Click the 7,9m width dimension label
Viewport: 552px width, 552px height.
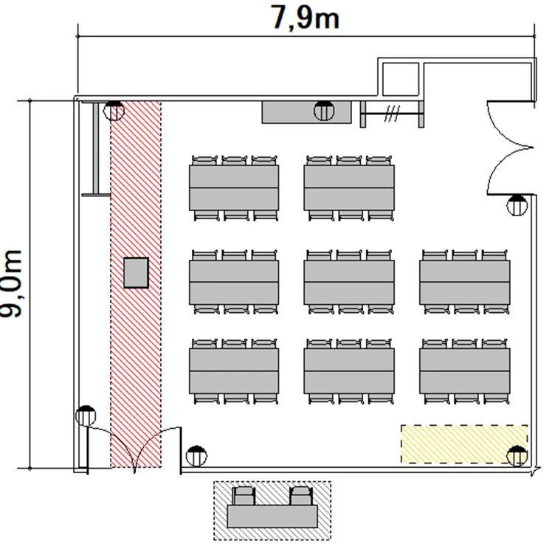tap(305, 18)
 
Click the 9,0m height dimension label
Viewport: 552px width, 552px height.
tap(11, 283)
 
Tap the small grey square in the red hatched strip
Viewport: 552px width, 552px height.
tap(136, 273)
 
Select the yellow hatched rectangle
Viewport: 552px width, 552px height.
tap(464, 444)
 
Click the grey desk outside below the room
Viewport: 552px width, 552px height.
tap(272, 517)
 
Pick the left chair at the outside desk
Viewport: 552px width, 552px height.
tap(244, 496)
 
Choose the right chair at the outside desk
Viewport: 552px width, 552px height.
tap(301, 496)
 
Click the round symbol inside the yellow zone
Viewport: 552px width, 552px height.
tap(517, 456)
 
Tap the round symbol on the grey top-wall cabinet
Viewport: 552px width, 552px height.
tap(324, 111)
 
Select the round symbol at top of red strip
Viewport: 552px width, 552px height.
tap(114, 111)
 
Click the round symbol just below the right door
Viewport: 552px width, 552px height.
tap(517, 205)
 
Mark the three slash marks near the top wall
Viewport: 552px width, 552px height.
tap(392, 114)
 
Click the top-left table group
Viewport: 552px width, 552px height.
tap(234, 188)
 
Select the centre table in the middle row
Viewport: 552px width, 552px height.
tap(349, 282)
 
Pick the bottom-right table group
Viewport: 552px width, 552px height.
tap(465, 371)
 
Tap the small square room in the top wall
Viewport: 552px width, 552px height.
tap(401, 79)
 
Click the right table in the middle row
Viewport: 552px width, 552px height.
tap(465, 282)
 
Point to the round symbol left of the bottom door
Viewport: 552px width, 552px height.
tap(86, 416)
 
